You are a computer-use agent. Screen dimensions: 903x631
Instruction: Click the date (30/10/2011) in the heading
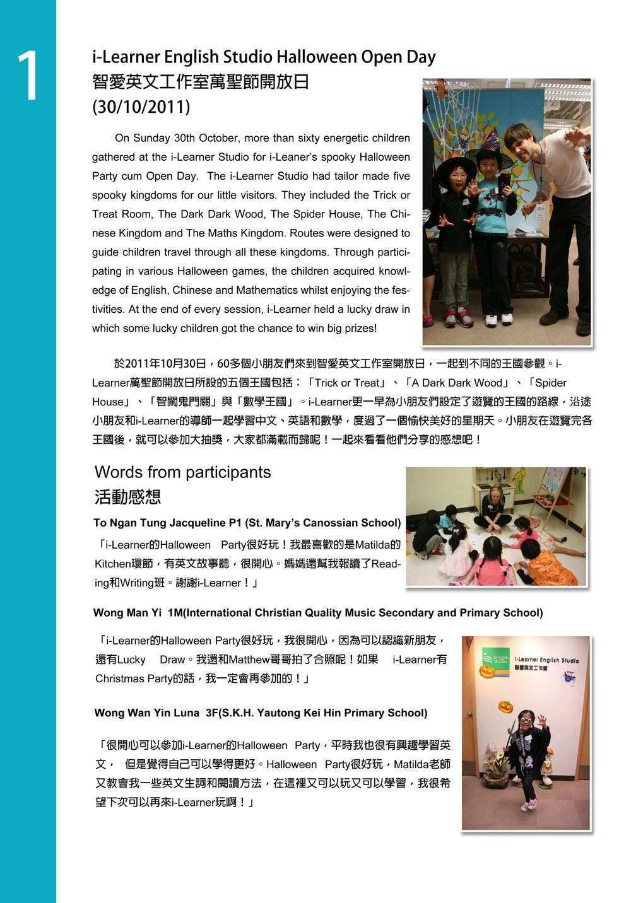coord(141,107)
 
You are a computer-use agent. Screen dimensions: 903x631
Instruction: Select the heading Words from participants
coord(182,472)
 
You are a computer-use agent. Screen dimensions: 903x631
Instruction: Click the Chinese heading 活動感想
coord(127,497)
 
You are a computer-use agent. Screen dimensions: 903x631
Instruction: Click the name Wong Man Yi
coord(127,613)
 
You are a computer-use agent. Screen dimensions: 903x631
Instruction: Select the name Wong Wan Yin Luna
coord(146,713)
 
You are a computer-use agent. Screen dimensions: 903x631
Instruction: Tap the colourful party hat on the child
coord(491,139)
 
